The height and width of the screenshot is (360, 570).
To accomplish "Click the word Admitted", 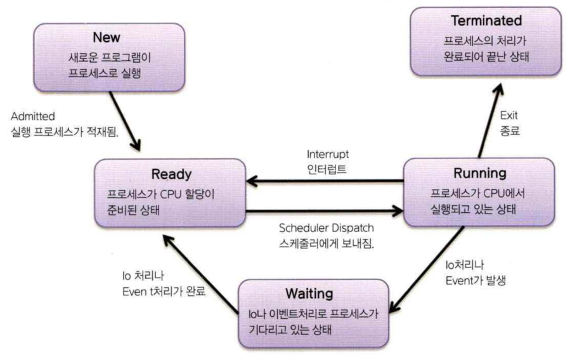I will pos(34,117).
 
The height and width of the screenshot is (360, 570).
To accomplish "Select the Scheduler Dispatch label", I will pos(326,228).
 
